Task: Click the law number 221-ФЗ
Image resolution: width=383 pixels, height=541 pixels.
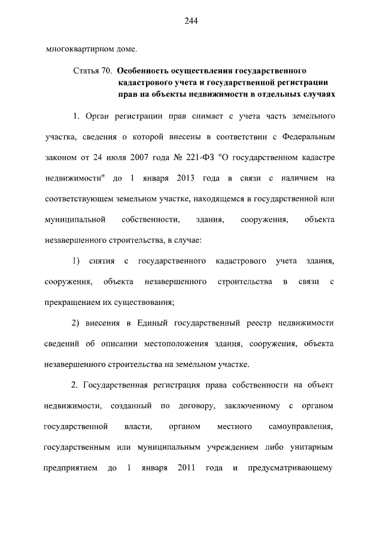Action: pyautogui.click(x=193, y=157)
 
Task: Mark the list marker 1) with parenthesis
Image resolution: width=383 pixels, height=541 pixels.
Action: pyautogui.click(x=75, y=261)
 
